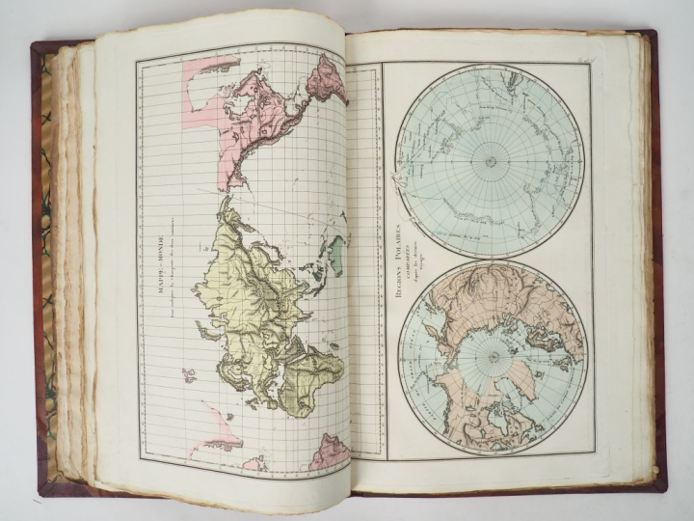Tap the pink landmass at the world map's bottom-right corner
329,451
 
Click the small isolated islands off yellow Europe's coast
189,374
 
